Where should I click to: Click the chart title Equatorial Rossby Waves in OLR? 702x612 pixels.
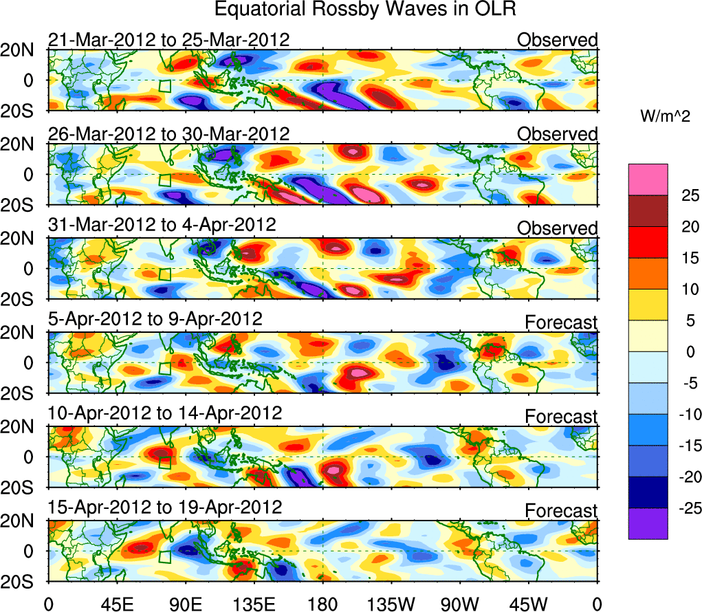coord(364,10)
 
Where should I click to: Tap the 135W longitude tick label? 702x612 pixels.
coord(391,604)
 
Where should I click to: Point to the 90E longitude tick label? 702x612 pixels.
coord(185,604)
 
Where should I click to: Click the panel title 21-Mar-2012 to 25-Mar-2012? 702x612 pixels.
coord(168,40)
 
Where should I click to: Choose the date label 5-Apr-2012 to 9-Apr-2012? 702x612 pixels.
coord(155,320)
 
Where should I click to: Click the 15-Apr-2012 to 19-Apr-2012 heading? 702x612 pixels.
coord(165,508)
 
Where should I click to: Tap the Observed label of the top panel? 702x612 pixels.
coord(558,40)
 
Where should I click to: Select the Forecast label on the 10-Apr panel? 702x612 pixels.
coord(561,417)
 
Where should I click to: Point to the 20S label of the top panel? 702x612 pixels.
coord(23,111)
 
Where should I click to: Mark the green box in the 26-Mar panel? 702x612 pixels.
coord(164,180)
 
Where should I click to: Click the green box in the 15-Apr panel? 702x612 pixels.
coord(164,556)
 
